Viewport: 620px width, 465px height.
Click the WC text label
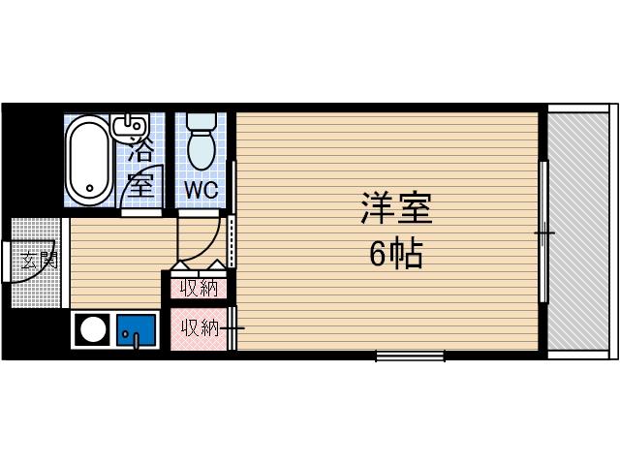point(202,186)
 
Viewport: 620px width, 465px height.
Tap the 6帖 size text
point(395,254)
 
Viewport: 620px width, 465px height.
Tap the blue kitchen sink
point(136,330)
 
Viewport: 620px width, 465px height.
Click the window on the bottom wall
point(410,356)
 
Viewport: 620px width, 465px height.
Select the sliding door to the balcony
point(544,232)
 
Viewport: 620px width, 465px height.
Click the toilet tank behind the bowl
point(202,122)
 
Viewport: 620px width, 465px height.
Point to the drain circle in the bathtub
point(89,189)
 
